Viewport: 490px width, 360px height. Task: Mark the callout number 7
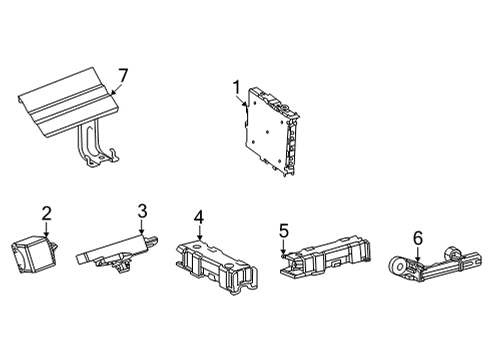124,76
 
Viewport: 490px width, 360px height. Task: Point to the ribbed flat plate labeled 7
66,105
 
